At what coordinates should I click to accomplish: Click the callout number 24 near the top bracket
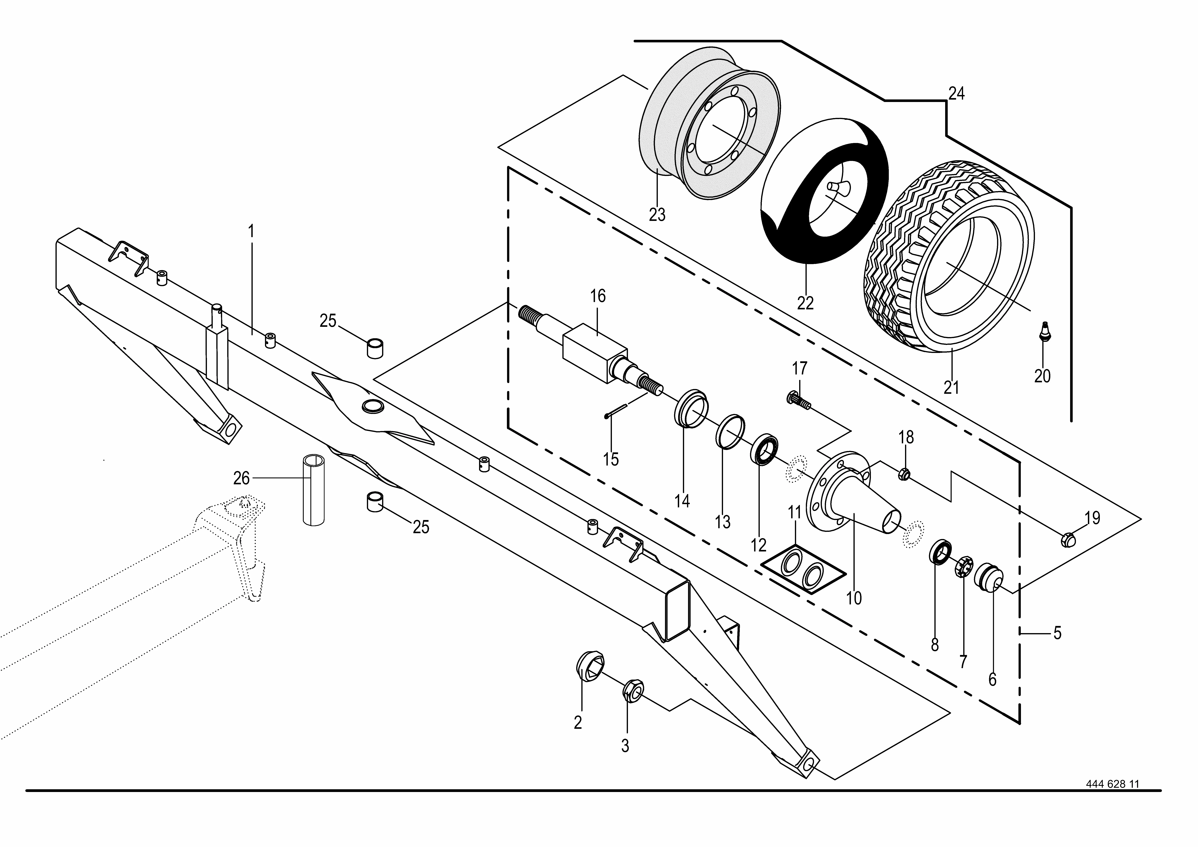[956, 94]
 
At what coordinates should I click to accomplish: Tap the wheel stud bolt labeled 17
[798, 399]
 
